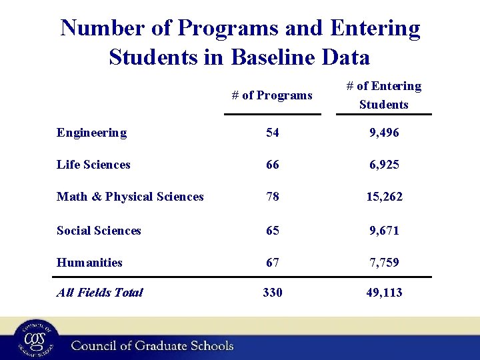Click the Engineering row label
coord(91,133)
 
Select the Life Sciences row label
coord(93,165)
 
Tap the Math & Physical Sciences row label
coord(130,197)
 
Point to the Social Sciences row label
coord(99,231)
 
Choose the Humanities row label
coord(89,263)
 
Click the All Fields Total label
coord(99,292)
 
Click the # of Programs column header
coord(272,95)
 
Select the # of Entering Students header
coord(383,95)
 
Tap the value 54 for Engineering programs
coord(272,133)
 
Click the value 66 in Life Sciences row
coord(272,165)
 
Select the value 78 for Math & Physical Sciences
coord(272,197)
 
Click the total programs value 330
coord(272,292)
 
